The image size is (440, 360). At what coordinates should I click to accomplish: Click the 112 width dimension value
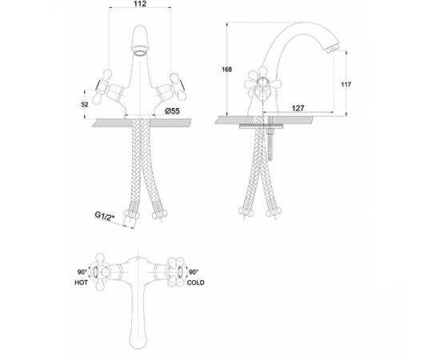pos(140,4)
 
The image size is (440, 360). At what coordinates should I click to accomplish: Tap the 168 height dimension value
pos(226,70)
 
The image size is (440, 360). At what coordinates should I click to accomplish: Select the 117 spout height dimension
pos(346,84)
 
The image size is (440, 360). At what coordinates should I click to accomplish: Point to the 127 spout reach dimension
pos(298,108)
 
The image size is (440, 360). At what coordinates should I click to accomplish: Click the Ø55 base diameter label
pos(172,111)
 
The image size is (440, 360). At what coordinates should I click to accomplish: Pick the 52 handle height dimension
pos(85,104)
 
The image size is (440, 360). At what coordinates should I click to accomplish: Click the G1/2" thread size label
pos(106,217)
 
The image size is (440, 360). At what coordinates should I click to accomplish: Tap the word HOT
pos(81,282)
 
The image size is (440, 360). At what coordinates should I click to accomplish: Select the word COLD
pos(195,282)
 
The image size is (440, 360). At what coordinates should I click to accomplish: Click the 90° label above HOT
pos(82,272)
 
